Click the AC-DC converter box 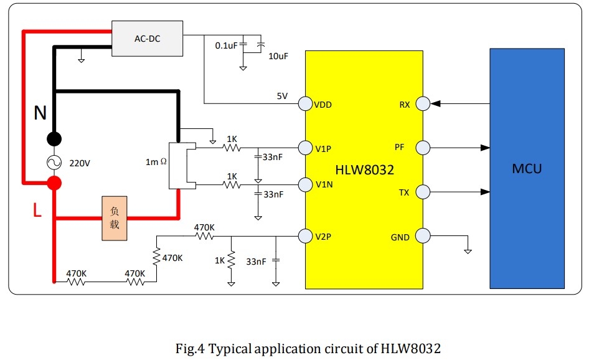pos(147,39)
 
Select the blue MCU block pos(527,168)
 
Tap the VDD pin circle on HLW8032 pos(305,104)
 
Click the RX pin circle pos(423,104)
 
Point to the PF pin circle pos(423,148)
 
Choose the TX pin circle pos(423,192)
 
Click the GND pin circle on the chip pos(423,236)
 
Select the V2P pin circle pos(305,236)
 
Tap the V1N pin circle pos(305,184)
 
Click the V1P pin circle pos(305,148)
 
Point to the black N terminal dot pos(54,139)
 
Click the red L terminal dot pos(54,183)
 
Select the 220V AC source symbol pos(54,163)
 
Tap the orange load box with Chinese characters pos(115,219)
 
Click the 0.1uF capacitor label pos(226,45)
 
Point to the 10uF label pos(278,56)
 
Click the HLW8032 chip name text pos(364,170)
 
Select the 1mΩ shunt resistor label pos(156,162)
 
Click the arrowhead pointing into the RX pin pos(435,103)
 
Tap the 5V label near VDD pos(282,96)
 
